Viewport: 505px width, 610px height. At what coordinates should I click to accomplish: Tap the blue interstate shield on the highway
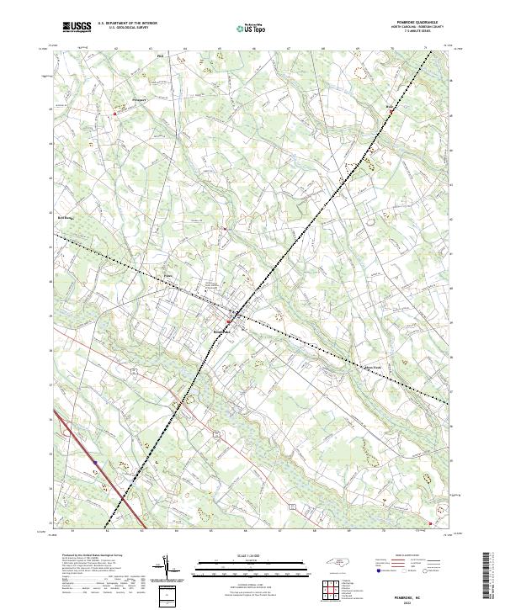pyautogui.click(x=95, y=462)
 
